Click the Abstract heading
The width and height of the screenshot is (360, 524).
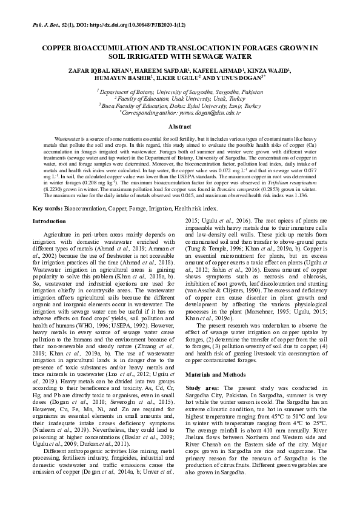tap(179, 127)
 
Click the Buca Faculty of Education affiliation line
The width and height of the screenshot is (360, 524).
tap(179, 105)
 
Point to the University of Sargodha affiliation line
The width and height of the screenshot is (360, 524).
tap(179, 90)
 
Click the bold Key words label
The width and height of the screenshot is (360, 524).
tap(47, 208)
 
